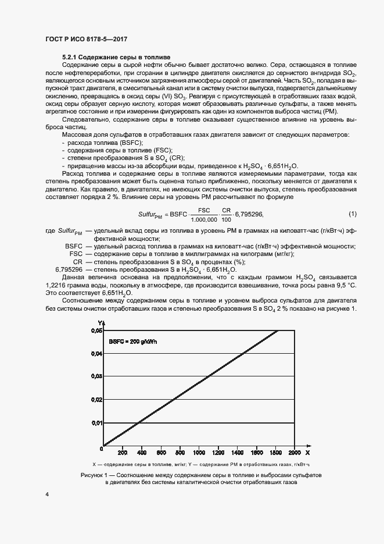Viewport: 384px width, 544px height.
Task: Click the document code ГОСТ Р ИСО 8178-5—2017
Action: (85, 40)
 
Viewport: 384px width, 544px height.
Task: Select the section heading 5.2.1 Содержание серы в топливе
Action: (116, 57)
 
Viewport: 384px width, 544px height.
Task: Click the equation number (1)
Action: (352, 214)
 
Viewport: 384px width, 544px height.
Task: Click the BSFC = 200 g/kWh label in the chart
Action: (133, 342)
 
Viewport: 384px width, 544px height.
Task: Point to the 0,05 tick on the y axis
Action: (96, 330)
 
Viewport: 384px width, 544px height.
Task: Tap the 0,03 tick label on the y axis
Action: (96, 376)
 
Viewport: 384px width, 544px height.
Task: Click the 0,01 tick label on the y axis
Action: (96, 422)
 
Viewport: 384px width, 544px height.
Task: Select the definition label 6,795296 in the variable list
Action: (69, 269)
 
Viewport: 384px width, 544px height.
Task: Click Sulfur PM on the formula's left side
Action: (150, 215)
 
